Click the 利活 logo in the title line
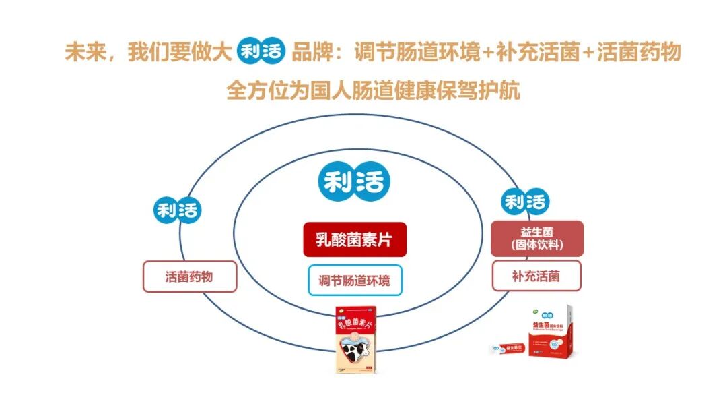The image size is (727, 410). (261, 51)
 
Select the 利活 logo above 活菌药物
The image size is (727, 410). (177, 210)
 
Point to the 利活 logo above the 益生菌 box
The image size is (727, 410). (526, 202)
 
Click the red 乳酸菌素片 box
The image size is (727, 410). (355, 239)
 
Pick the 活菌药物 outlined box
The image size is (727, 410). (190, 276)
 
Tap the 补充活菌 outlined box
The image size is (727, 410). (536, 276)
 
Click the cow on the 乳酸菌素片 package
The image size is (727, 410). (355, 351)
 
